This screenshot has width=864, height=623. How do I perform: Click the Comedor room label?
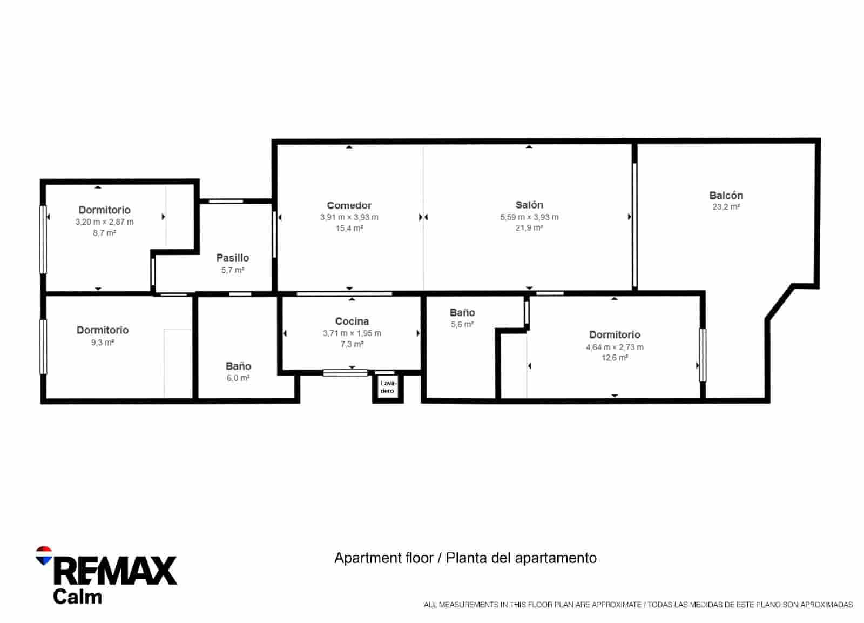coord(349,205)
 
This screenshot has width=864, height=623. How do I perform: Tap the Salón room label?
coord(529,205)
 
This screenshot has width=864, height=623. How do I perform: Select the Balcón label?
coord(726,195)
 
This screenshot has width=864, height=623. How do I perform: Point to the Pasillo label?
coord(233,257)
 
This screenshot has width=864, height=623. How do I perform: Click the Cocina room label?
coord(352,321)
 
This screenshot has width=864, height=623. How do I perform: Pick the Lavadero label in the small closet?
coord(388,387)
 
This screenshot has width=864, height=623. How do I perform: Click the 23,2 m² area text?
coord(726,207)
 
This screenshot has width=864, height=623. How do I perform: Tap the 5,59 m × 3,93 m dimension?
coord(529,217)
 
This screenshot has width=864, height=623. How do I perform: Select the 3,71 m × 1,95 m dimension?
coord(352,333)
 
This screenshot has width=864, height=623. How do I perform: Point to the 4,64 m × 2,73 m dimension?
coord(615,347)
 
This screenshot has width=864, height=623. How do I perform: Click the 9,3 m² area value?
coord(103,343)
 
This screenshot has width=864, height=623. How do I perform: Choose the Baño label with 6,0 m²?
coord(238,366)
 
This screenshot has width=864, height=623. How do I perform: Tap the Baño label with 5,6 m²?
coord(462,312)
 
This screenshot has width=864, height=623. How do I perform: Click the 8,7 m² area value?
coord(105,233)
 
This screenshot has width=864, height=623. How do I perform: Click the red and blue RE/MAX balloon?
coord(44,555)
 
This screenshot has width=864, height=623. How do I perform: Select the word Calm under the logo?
coord(78,597)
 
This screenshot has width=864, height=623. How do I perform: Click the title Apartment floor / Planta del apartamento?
coord(465,558)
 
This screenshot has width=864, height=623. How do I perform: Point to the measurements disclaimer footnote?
coord(638,605)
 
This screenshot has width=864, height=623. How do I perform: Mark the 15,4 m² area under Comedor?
coord(349,228)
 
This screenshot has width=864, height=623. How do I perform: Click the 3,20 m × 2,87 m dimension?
coord(105,222)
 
